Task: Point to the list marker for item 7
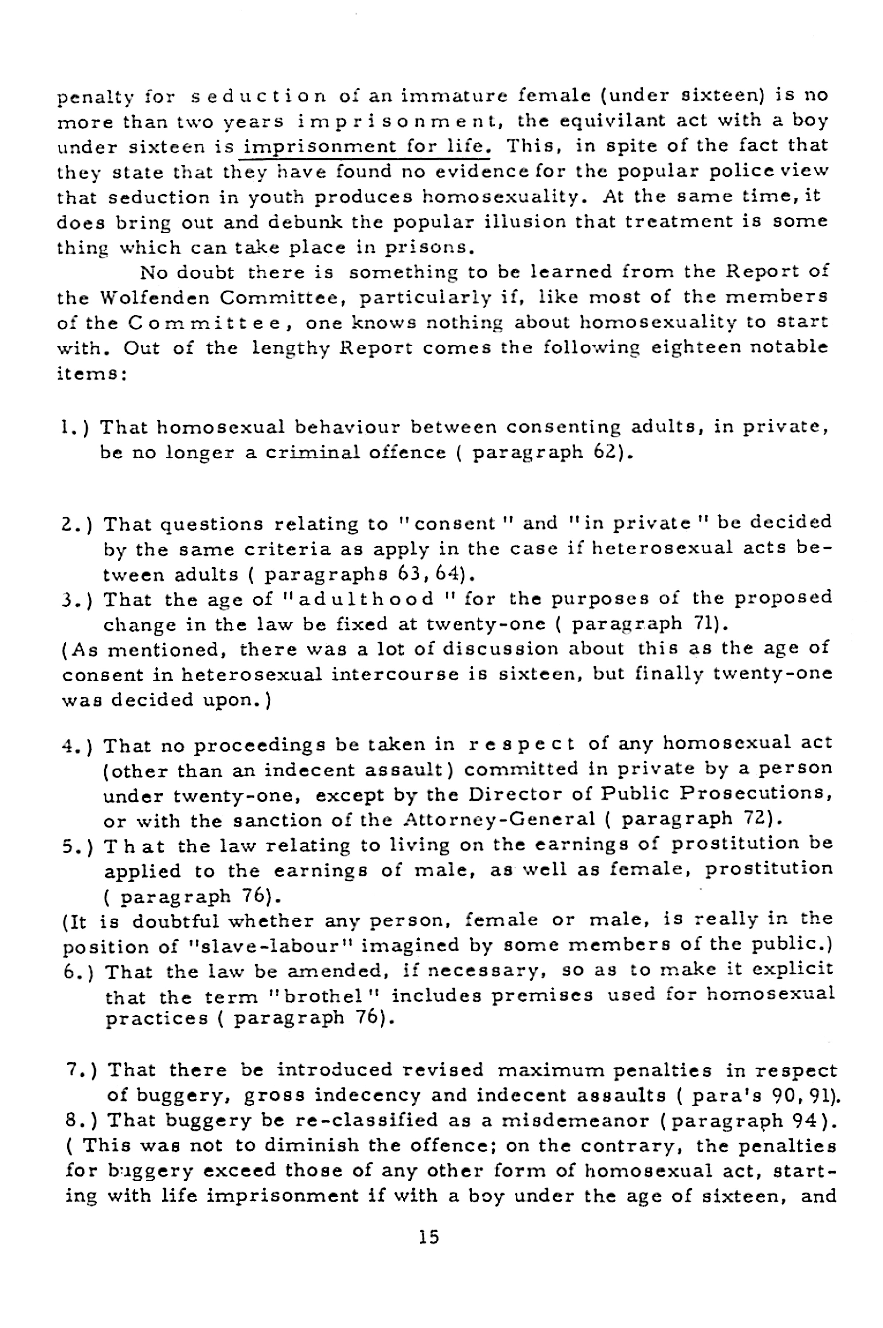tap(82, 1070)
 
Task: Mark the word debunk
tap(305, 222)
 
